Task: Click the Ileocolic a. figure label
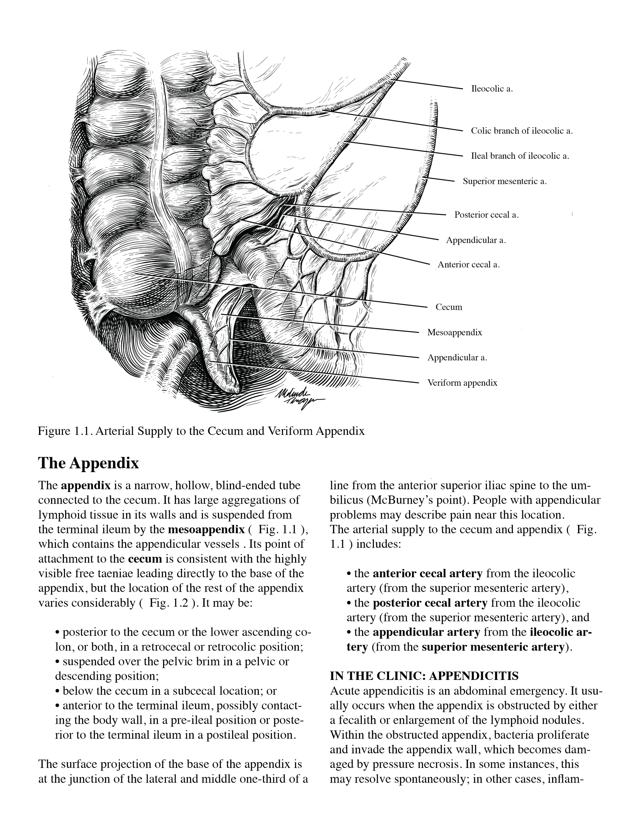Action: coord(492,89)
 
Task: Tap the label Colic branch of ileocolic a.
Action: coord(522,131)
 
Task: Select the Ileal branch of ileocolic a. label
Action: coord(520,156)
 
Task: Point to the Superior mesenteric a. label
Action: coord(504,181)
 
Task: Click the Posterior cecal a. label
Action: coord(486,215)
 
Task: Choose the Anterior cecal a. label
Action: coord(469,265)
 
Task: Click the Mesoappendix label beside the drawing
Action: coord(455,333)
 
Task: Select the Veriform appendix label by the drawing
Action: coord(462,383)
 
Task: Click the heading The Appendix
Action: coord(89,463)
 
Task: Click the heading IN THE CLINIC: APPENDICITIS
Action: coord(424,676)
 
